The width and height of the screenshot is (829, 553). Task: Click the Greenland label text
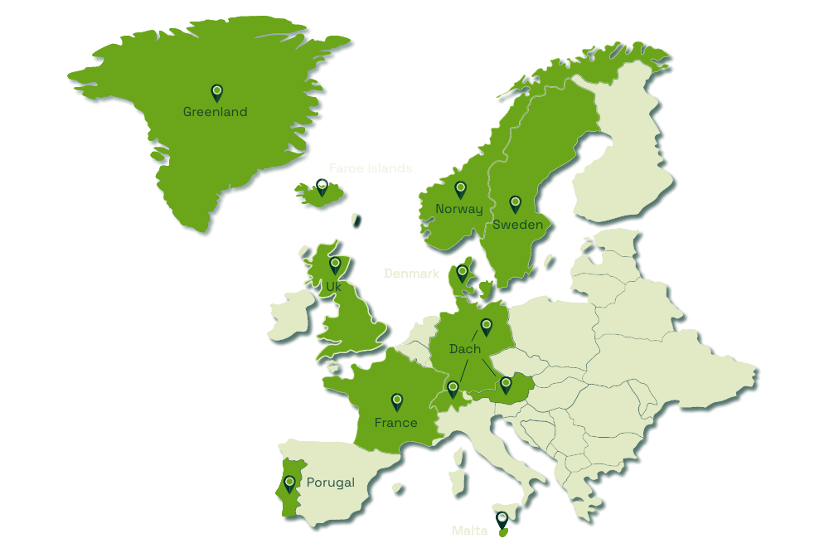click(215, 112)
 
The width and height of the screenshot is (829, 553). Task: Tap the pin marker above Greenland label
click(216, 92)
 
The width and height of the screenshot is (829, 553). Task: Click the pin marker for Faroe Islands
click(322, 187)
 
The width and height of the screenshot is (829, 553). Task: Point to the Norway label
click(458, 209)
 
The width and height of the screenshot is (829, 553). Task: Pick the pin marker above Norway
click(460, 189)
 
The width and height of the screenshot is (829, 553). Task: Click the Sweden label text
click(517, 225)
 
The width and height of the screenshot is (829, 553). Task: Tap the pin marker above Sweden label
click(515, 203)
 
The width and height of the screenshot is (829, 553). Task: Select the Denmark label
click(411, 273)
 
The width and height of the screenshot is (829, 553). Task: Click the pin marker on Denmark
click(462, 272)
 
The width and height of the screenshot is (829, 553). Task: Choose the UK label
click(333, 286)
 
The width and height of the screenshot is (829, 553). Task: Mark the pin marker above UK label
click(335, 265)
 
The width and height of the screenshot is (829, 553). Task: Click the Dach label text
click(464, 349)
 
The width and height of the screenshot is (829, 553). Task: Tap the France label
click(395, 423)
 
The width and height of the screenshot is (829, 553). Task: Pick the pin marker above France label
click(397, 402)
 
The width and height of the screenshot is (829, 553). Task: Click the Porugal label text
click(330, 483)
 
